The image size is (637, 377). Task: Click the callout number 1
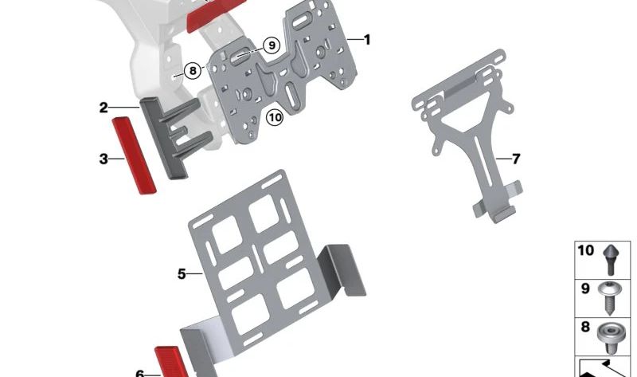click(x=367, y=39)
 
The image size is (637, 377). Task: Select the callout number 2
click(x=104, y=108)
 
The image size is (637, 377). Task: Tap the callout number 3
click(x=104, y=159)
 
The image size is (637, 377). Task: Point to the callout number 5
click(x=182, y=273)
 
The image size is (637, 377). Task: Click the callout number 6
click(x=139, y=373)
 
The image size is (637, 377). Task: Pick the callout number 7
click(x=516, y=159)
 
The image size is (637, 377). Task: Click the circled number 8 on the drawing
click(x=192, y=70)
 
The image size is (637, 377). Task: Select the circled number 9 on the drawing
click(x=272, y=45)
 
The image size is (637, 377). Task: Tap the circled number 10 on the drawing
click(x=275, y=118)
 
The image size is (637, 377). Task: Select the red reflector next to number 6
click(x=173, y=363)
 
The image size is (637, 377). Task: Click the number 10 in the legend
click(x=585, y=250)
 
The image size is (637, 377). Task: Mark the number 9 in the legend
click(x=584, y=289)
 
